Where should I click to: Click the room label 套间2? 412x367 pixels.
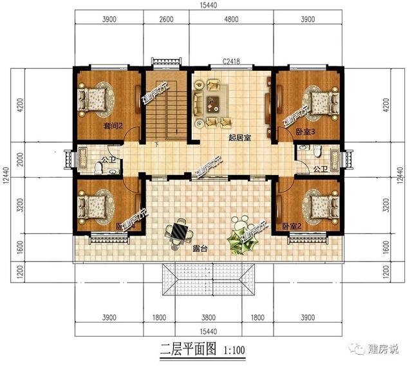113,127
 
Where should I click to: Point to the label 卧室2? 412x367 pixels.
292,226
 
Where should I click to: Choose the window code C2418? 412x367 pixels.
231,62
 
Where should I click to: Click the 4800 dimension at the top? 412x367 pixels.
231,20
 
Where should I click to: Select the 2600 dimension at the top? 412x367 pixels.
165,20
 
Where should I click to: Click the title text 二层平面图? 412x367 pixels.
186,350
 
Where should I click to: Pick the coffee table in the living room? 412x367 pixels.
213,100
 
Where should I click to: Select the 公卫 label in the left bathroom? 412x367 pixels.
108,157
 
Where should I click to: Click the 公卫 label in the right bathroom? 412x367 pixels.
319,169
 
